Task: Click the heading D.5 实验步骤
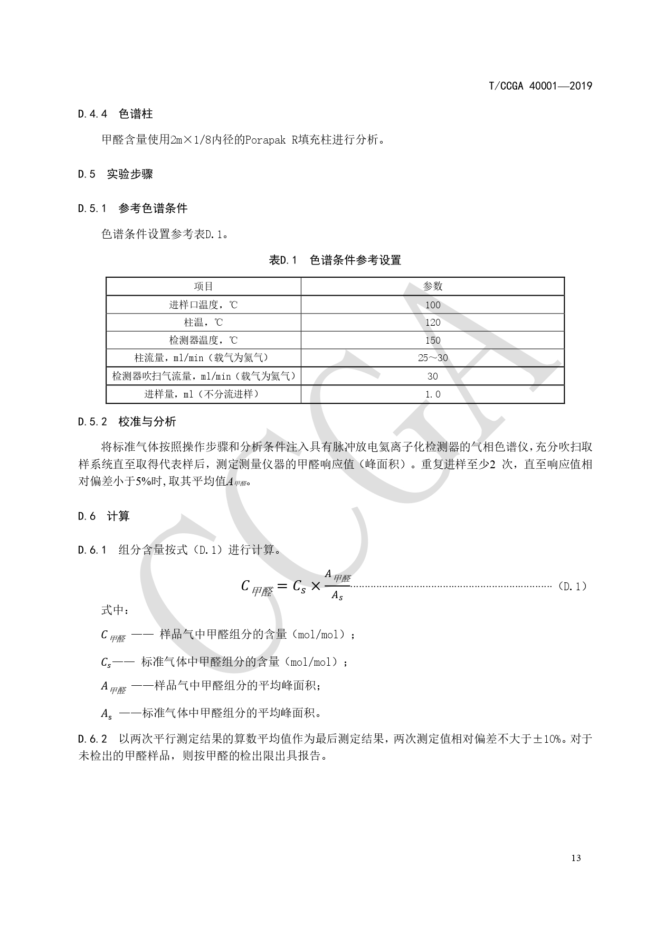(115, 174)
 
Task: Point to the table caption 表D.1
(283, 260)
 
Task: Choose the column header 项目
(203, 286)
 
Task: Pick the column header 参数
(432, 286)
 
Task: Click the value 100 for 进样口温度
(432, 305)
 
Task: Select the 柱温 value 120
(432, 323)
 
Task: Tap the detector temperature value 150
(432, 341)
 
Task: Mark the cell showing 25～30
(432, 358)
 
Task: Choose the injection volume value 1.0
(432, 394)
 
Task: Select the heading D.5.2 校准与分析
(127, 422)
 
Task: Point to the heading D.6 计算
(103, 516)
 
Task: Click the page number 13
(575, 858)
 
